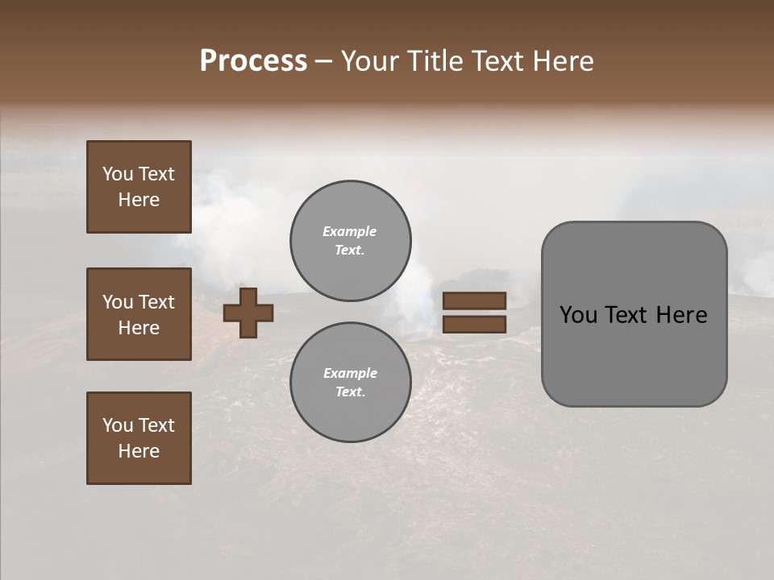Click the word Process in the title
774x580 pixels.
[253, 61]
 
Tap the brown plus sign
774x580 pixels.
[248, 313]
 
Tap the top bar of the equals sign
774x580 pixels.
[475, 300]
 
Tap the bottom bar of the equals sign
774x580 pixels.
[475, 324]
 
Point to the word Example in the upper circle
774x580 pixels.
[349, 231]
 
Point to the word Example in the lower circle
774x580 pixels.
[350, 373]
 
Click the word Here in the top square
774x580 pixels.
[139, 200]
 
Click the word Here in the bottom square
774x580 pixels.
[139, 451]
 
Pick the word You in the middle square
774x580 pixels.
[118, 302]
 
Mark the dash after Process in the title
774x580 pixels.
[323, 62]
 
